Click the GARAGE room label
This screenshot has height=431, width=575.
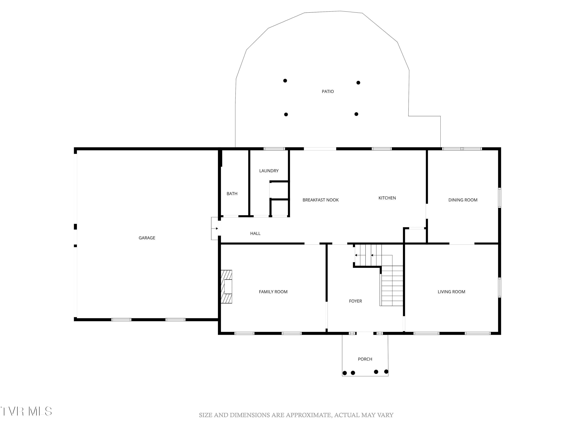coord(147,238)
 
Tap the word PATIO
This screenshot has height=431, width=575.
coord(328,91)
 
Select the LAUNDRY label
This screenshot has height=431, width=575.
coord(269,171)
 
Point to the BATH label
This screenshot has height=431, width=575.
coord(232,193)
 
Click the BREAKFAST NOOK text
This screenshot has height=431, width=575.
coord(320,200)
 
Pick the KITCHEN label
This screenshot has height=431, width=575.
coord(387,198)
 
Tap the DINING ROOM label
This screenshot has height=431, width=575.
coord(463,200)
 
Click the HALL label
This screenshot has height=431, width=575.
coord(255,233)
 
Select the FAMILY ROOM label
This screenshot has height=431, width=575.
coord(273,292)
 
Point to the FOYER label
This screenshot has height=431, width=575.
coord(355,301)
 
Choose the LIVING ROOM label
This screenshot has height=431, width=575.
coord(451,292)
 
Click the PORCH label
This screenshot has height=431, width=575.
coord(365,359)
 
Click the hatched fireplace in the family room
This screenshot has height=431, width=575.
coord(226,287)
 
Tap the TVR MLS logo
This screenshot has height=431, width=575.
coord(26,411)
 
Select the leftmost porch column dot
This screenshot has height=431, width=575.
coord(345,373)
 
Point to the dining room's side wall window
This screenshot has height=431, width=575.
coord(499,198)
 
